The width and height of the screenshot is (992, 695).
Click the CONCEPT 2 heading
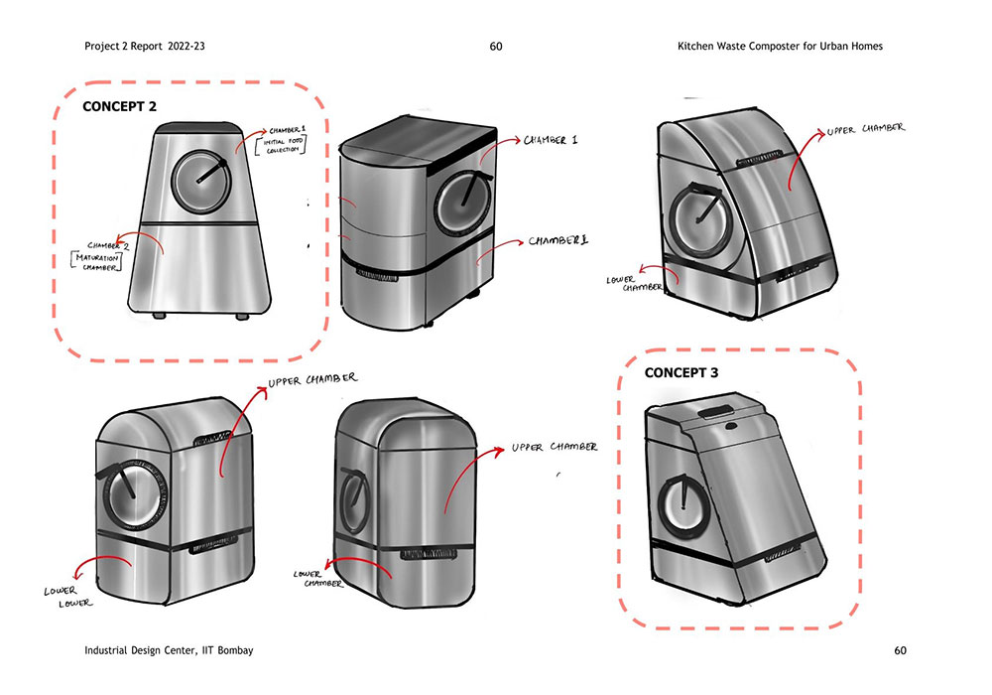point(119,105)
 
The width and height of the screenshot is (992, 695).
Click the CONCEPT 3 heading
point(682,373)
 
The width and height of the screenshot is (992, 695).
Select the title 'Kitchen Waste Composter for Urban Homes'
point(780,46)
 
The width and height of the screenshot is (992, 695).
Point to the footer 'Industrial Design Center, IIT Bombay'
point(170,650)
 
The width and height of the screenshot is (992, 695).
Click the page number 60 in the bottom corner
point(900,650)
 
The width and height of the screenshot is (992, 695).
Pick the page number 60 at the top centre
point(496,46)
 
